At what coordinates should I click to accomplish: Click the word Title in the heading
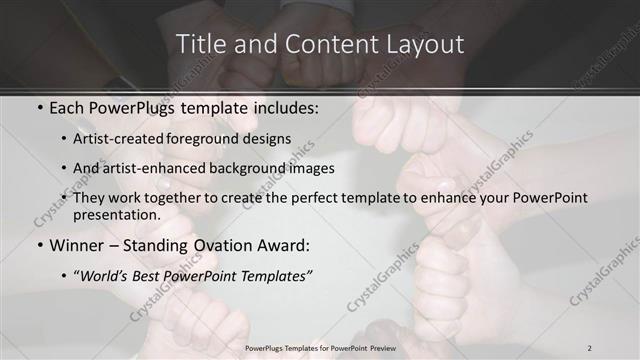coord(200,45)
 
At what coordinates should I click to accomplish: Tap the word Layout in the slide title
coord(423,45)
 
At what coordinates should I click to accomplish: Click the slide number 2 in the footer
coord(590,347)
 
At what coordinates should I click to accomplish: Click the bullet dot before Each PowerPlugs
coord(38,106)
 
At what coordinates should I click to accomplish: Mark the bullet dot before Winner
coord(38,246)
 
